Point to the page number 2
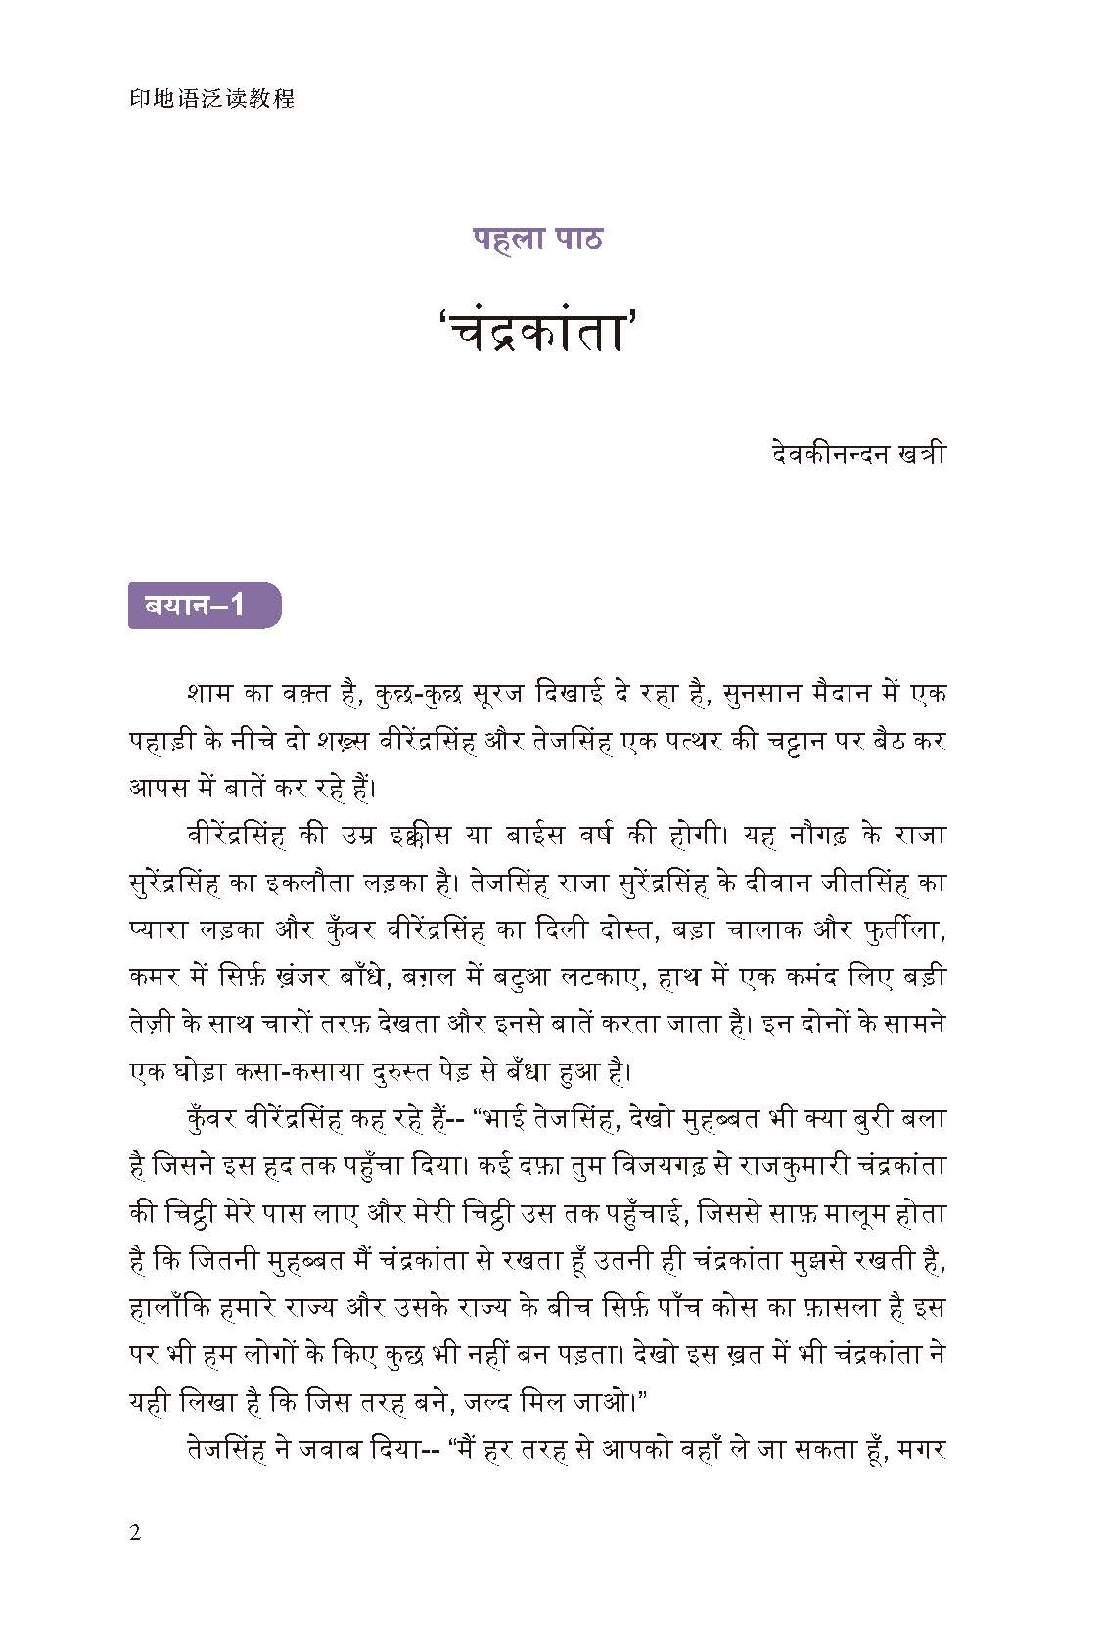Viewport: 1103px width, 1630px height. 135,1532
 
